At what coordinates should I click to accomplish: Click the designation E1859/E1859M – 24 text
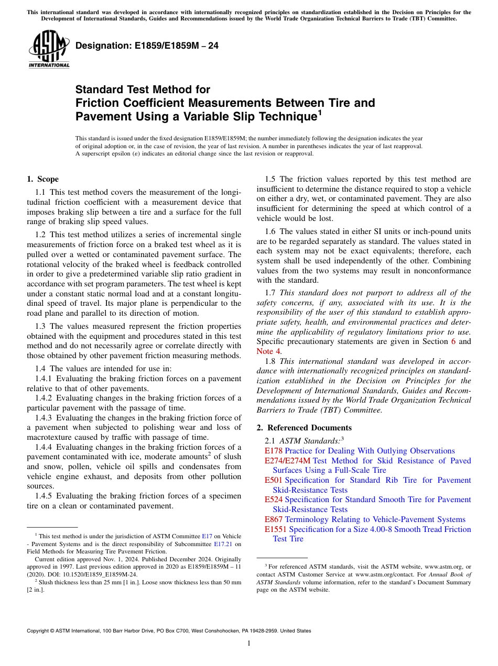[147, 46]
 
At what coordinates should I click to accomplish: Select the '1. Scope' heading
[42, 179]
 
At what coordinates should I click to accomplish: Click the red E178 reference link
[273, 451]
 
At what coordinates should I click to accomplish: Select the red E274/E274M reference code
[287, 461]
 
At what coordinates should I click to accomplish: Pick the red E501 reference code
[273, 480]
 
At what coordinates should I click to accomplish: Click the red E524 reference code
[273, 500]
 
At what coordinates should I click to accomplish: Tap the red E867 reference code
[273, 519]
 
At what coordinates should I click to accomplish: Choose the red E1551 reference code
[275, 529]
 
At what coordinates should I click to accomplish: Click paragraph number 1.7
[270, 293]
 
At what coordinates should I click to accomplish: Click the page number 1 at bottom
[249, 643]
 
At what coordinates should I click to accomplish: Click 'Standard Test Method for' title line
[143, 90]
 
